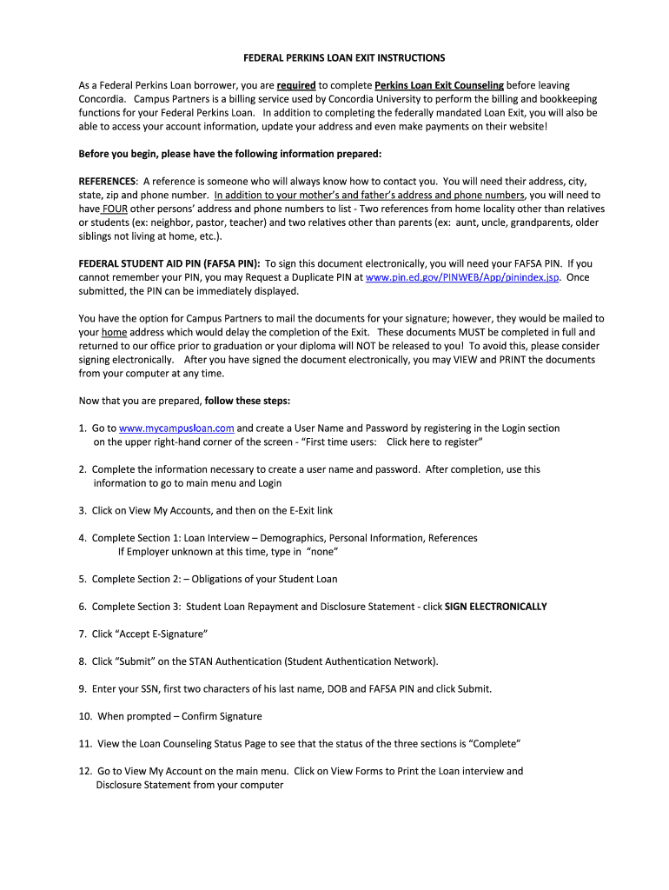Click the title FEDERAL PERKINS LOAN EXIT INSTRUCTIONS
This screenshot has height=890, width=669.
pyautogui.click(x=343, y=57)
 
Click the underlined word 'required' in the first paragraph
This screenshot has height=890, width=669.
pyautogui.click(x=296, y=85)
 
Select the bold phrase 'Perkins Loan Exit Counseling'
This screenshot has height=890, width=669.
pyautogui.click(x=439, y=85)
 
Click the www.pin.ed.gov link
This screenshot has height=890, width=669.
pyautogui.click(x=462, y=277)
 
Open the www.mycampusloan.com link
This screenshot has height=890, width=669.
pyautogui.click(x=176, y=428)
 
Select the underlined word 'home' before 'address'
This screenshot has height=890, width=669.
pyautogui.click(x=115, y=332)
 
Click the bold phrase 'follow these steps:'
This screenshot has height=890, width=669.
pyautogui.click(x=248, y=401)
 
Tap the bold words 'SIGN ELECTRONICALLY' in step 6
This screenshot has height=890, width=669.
pyautogui.click(x=496, y=607)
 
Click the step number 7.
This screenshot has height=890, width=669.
pyautogui.click(x=82, y=634)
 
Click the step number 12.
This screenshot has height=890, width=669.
pyautogui.click(x=84, y=771)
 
